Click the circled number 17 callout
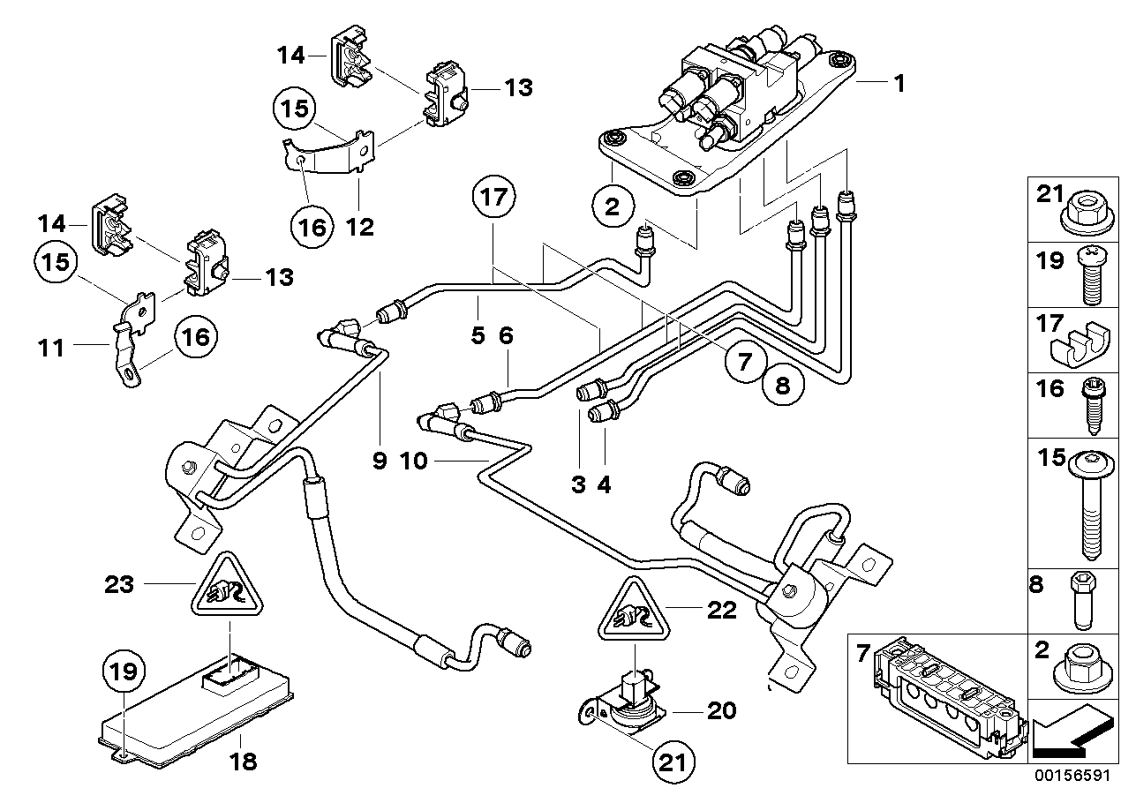coord(496,199)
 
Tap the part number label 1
coord(899,85)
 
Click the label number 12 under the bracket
coord(360,228)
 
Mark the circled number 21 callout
coord(673,762)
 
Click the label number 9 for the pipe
coord(380,462)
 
